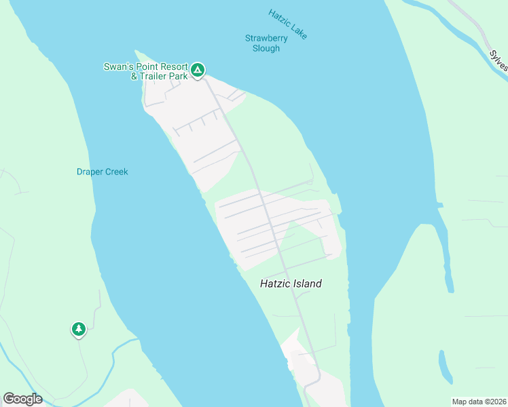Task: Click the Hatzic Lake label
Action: tap(288, 24)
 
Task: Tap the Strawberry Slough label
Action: tap(266, 43)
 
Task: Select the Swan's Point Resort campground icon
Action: tap(198, 70)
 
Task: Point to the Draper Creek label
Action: tap(102, 172)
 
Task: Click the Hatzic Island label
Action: tap(291, 284)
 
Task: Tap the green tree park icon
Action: tap(79, 329)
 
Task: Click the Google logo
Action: tap(22, 399)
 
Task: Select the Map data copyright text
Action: tap(478, 402)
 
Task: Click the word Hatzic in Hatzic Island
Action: tap(274, 284)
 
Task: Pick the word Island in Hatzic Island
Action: tap(307, 284)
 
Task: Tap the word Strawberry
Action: tap(266, 39)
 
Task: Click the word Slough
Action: tap(266, 49)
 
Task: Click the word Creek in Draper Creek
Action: tap(116, 172)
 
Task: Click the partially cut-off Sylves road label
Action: tap(498, 60)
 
